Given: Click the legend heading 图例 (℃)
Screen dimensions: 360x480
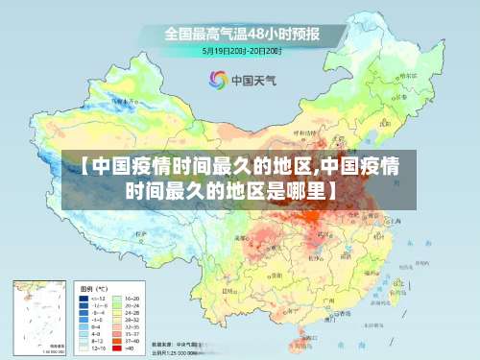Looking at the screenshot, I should tap(93, 288).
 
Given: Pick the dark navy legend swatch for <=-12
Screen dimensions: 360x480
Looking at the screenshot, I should tap(84, 298).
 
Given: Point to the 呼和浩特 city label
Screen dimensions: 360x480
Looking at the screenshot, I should tap(300, 135).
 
